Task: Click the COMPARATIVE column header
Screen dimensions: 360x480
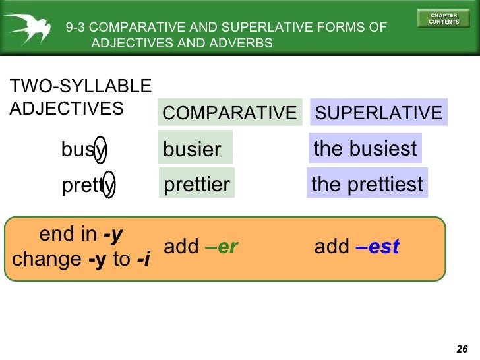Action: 229,113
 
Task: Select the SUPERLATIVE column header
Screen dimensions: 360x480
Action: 378,113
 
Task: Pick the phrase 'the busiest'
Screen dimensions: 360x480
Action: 365,148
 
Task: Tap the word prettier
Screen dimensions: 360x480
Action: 196,184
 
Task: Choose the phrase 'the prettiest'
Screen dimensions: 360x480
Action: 367,184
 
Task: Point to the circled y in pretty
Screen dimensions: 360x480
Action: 109,187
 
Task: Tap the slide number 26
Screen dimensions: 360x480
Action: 462,349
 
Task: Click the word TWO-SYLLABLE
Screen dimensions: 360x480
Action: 80,86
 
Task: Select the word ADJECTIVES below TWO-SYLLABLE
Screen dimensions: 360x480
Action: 67,108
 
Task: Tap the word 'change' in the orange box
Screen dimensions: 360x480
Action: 47,259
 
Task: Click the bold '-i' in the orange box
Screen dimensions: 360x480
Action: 143,259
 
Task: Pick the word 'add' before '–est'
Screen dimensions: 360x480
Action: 332,247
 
